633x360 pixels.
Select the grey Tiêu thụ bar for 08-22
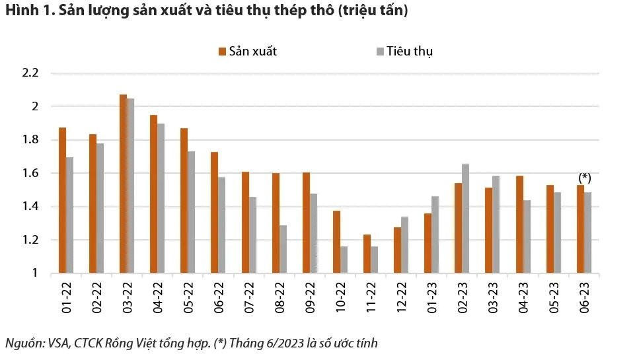pos(283,249)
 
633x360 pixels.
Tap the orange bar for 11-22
pos(367,254)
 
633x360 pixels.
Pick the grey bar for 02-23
pos(466,219)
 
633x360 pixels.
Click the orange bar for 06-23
pos(581,229)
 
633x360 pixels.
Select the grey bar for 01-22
pos(69,215)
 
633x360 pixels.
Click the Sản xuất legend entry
pos(247,52)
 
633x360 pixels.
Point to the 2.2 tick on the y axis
pos(31,73)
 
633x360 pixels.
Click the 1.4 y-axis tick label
pos(31,207)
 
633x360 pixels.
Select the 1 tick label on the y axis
pos(36,273)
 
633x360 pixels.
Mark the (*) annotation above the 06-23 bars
pos(584,178)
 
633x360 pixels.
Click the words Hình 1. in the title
pos(24,11)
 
